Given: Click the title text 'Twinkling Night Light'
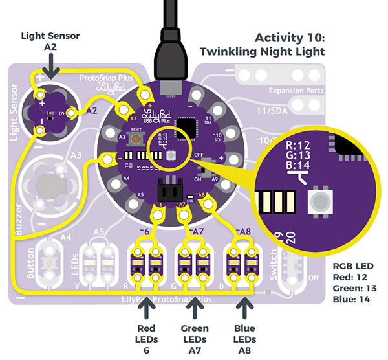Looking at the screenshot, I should [262, 51].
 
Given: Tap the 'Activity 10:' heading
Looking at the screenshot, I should [290, 37].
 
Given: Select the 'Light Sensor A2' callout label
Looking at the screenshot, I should [50, 41].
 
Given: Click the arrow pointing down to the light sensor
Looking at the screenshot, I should [50, 65].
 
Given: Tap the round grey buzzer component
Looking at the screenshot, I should [47, 182].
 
